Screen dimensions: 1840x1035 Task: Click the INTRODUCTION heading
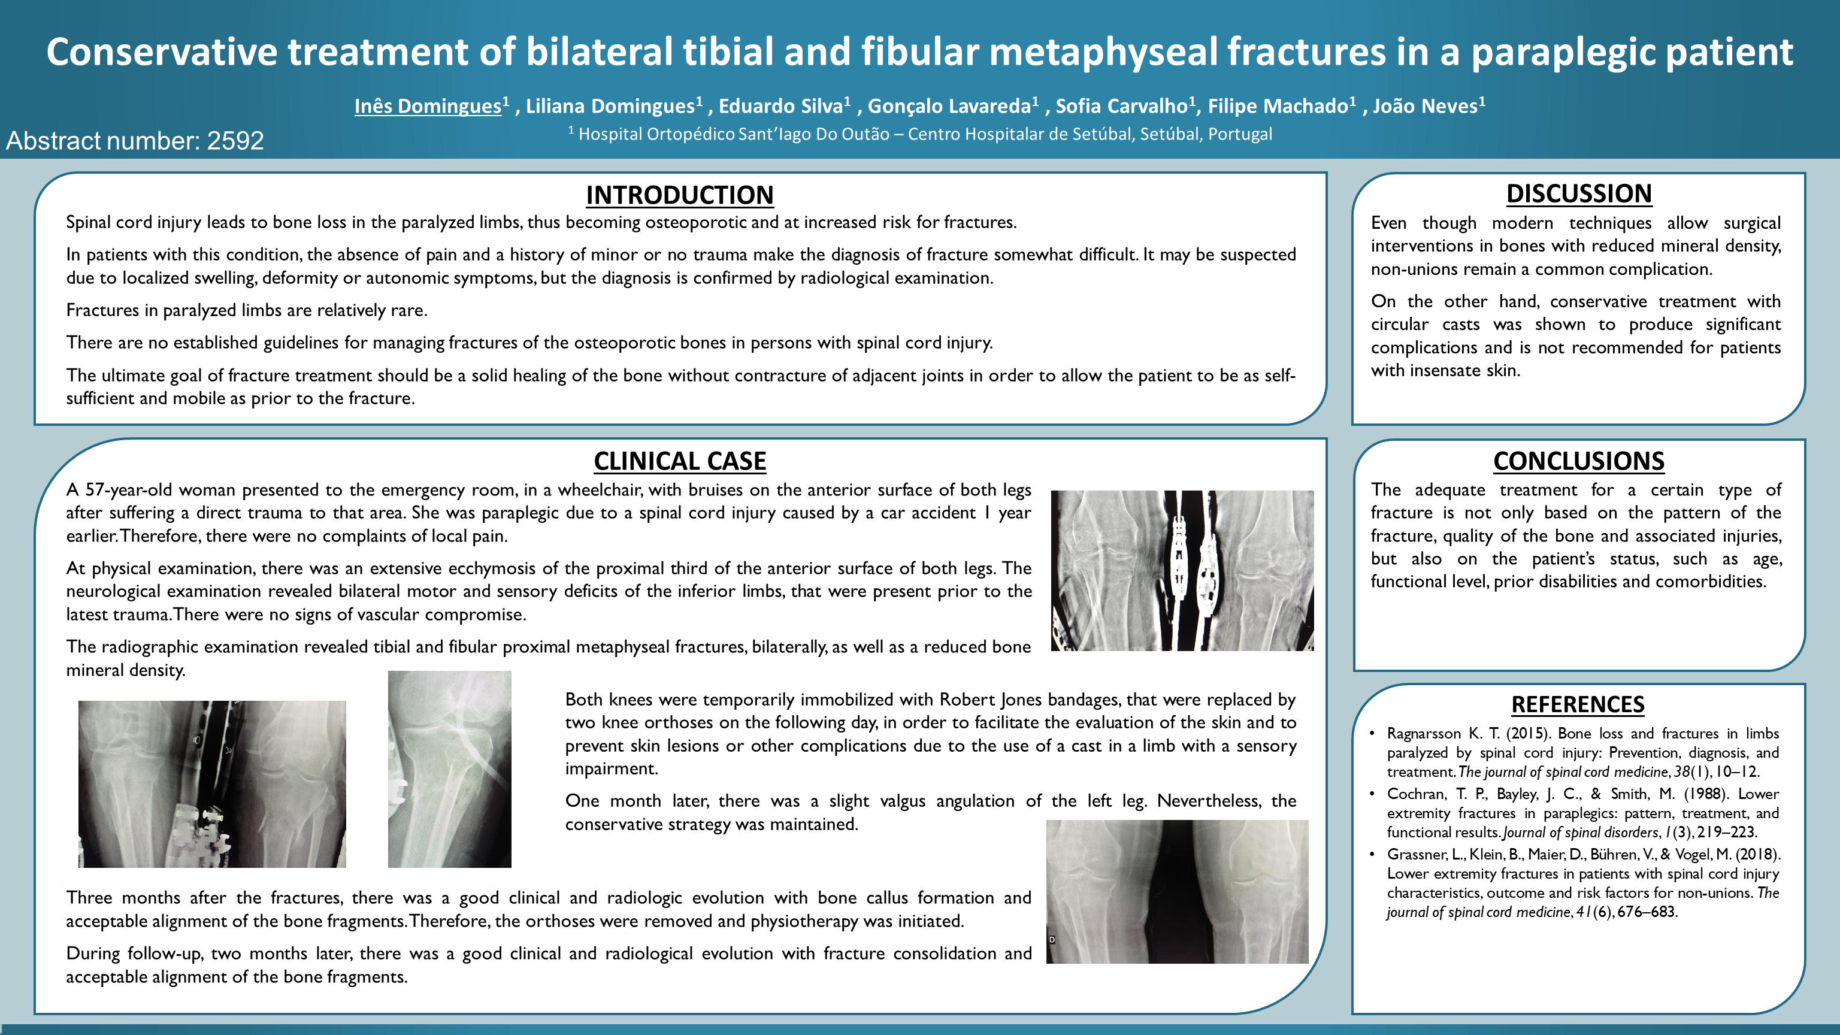coord(679,195)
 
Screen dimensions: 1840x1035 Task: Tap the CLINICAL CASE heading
coord(679,461)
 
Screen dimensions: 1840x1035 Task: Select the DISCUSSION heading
coord(1579,193)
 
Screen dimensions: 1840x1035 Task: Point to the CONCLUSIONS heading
coord(1579,461)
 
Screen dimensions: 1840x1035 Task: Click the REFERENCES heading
coord(1578,704)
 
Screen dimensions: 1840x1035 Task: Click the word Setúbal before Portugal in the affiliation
coord(1169,134)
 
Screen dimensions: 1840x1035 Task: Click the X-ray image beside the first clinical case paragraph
coord(1182,571)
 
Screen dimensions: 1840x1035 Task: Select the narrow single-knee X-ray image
coord(449,769)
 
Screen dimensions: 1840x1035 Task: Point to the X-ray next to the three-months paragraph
coord(1177,891)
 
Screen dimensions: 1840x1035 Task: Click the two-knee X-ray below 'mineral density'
coord(212,784)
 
